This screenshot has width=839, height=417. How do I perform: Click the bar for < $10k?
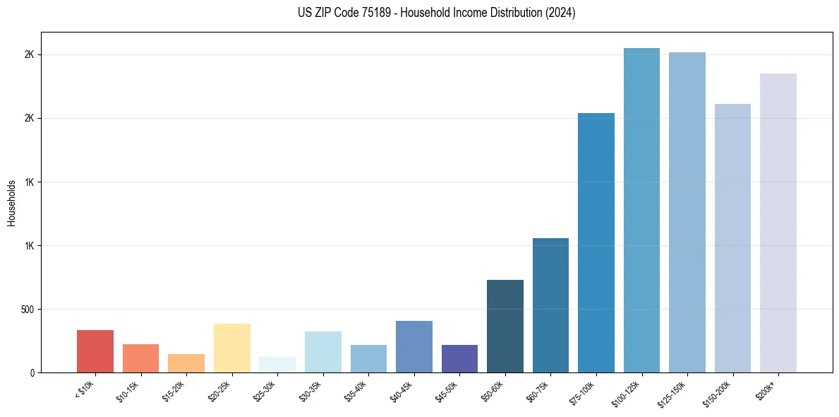point(95,351)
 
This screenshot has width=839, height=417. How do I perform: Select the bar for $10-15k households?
point(140,358)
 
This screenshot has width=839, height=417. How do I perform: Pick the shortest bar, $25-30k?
point(277,365)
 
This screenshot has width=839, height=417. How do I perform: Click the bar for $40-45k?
point(414,346)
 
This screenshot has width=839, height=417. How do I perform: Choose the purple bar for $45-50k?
point(459,358)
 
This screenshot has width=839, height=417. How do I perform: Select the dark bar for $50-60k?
point(505,326)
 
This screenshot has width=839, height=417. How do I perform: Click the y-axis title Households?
point(11,203)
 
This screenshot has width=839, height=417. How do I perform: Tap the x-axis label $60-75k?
point(540,392)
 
